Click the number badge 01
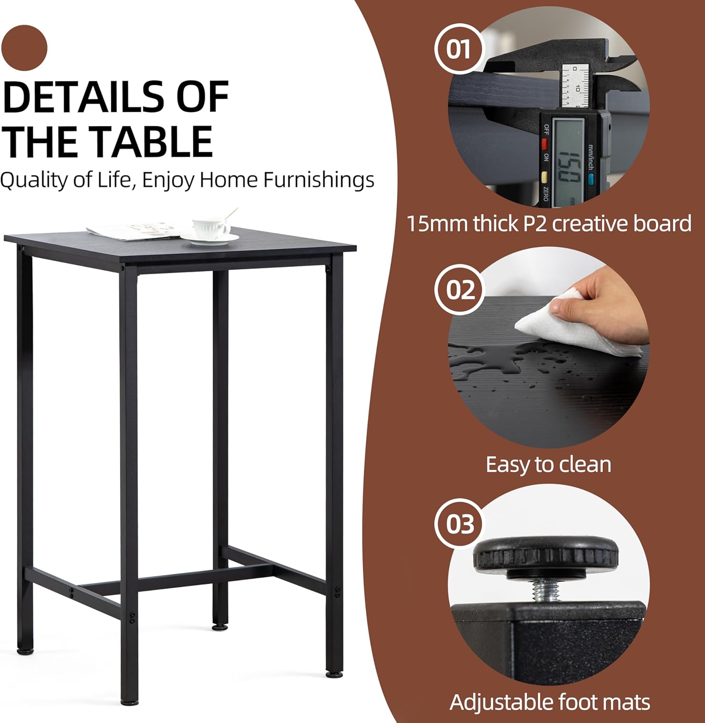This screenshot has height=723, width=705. [x=459, y=49]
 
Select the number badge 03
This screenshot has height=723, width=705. [x=459, y=524]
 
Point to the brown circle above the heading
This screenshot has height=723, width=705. [x=24, y=48]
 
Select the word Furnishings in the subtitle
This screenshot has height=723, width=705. [x=319, y=180]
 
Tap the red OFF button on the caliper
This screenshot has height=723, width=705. [x=545, y=144]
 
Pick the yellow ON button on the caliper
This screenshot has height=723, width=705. [x=545, y=177]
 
